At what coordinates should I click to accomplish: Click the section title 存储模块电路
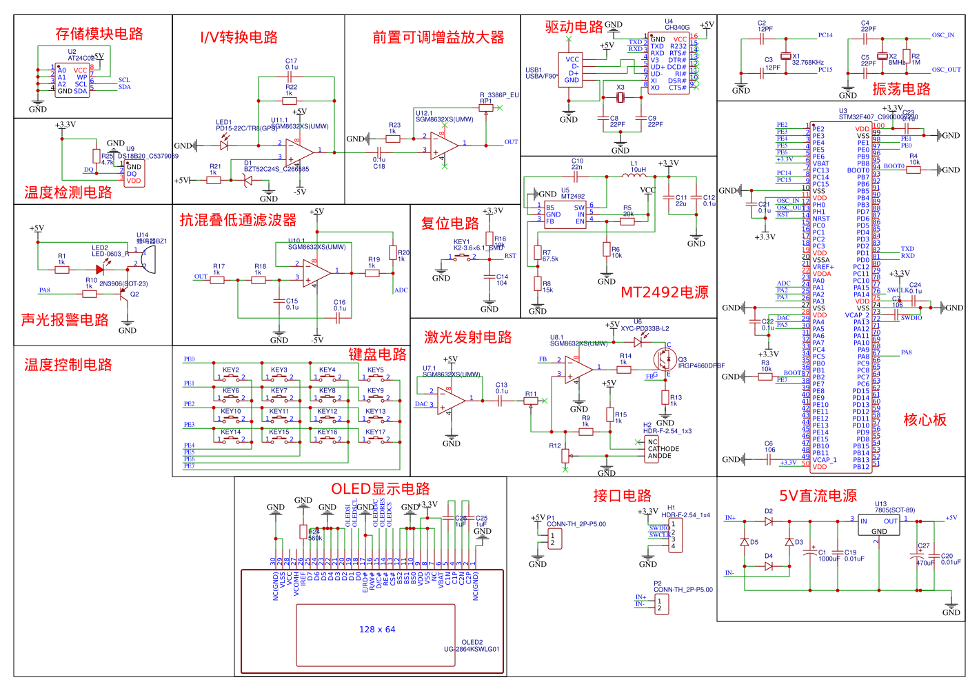coord(99,34)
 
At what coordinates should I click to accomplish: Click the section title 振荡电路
coord(901,89)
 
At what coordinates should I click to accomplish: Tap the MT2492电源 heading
coord(665,292)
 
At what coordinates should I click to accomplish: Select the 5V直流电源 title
coord(818,496)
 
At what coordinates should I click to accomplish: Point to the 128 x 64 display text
coord(377,630)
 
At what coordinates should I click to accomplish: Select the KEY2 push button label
coord(231,370)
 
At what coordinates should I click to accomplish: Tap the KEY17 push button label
coord(376,432)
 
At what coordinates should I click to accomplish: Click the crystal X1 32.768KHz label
coord(807,62)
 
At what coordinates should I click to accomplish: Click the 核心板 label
coord(925,420)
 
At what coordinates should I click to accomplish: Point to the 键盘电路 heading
coord(377,354)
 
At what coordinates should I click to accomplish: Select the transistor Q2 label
coord(134,294)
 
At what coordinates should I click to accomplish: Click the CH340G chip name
coord(677,28)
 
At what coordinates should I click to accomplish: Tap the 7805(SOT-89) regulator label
coord(895,510)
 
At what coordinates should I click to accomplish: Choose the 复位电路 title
coord(450,223)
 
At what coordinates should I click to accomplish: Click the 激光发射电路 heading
coord(467,337)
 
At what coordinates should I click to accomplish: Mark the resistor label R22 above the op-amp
coord(292,88)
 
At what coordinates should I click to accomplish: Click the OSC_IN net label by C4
coord(943,35)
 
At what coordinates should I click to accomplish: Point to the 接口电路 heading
coord(622,496)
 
